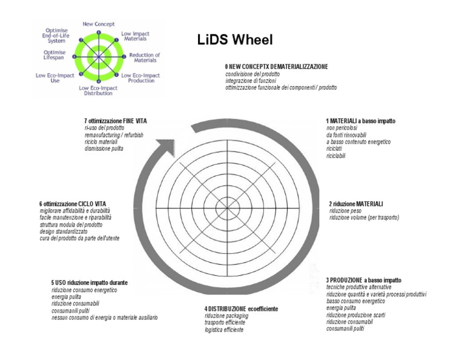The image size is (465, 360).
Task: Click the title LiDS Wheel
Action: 235,40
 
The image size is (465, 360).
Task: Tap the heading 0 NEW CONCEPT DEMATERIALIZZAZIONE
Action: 277,65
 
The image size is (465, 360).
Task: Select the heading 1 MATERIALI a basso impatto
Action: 360,121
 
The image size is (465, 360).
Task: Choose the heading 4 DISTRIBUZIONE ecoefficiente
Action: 241,308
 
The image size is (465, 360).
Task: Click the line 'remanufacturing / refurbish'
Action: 114,135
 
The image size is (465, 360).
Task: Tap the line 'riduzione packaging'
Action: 226,316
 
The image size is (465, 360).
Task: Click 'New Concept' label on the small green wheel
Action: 98,24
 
